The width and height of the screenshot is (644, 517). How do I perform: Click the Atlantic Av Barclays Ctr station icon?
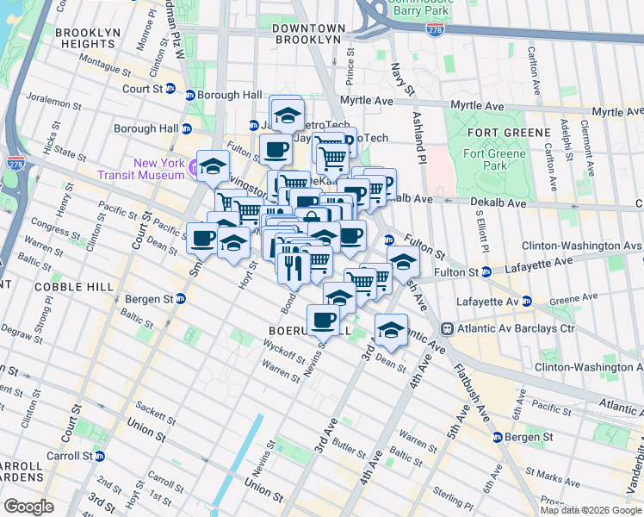pyautogui.click(x=448, y=328)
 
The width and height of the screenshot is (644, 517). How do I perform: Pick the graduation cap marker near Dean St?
pyautogui.click(x=391, y=330)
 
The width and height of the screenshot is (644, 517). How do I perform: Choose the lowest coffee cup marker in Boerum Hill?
pyautogui.click(x=324, y=321)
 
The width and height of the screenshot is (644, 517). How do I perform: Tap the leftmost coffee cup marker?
pyautogui.click(x=203, y=237)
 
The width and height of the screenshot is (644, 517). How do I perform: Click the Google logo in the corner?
pyautogui.click(x=28, y=507)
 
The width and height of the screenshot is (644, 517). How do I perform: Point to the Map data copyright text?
pyautogui.click(x=591, y=510)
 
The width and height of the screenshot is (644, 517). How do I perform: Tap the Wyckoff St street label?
pyautogui.click(x=285, y=353)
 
